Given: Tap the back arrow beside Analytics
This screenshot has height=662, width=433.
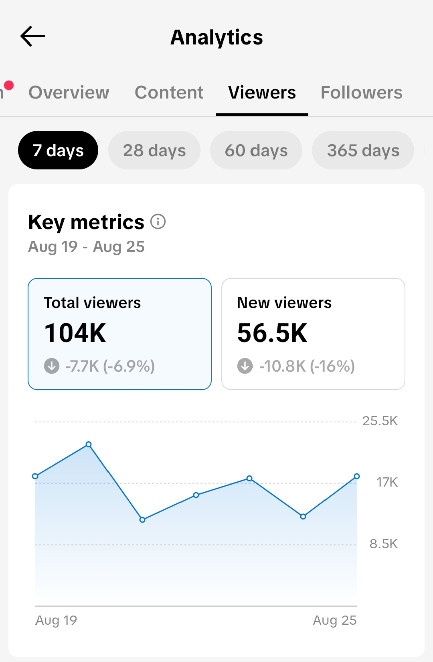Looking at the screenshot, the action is pyautogui.click(x=32, y=36).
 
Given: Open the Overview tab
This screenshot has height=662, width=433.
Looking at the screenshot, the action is pyautogui.click(x=69, y=93).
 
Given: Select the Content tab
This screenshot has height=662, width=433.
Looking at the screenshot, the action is pyautogui.click(x=169, y=93).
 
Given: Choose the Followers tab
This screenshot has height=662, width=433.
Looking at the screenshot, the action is pyautogui.click(x=361, y=93).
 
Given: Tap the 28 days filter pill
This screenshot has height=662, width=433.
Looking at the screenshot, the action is pyautogui.click(x=154, y=150).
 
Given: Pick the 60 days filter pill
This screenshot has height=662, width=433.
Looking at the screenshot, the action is pyautogui.click(x=256, y=150).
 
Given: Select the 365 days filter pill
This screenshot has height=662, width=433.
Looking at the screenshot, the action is pyautogui.click(x=363, y=150).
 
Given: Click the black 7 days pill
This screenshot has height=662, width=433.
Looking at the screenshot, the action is pyautogui.click(x=58, y=150).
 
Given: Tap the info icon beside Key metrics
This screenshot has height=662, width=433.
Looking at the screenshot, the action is pyautogui.click(x=158, y=221).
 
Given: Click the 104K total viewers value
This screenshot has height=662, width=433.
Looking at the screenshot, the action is pyautogui.click(x=75, y=333).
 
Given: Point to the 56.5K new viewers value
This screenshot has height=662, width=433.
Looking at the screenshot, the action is pyautogui.click(x=272, y=333).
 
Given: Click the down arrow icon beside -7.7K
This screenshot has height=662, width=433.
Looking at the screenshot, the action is pyautogui.click(x=52, y=366).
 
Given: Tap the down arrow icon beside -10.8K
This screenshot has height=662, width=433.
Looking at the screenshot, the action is pyautogui.click(x=245, y=366).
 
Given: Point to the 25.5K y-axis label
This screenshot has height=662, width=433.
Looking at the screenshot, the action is pyautogui.click(x=380, y=421).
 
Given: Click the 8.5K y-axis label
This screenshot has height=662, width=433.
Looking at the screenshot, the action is pyautogui.click(x=384, y=544).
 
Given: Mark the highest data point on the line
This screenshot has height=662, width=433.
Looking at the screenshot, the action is pyautogui.click(x=89, y=444).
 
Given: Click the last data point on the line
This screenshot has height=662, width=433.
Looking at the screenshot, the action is pyautogui.click(x=357, y=476).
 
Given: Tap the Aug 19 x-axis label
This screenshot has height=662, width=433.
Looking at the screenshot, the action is pyautogui.click(x=56, y=620).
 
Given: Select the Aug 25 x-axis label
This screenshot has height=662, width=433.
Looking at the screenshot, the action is pyautogui.click(x=335, y=620).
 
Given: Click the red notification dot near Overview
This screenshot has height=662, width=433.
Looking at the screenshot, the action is pyautogui.click(x=9, y=85).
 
